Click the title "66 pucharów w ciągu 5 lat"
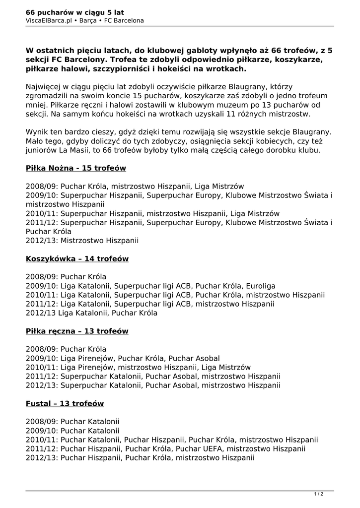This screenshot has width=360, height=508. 75,12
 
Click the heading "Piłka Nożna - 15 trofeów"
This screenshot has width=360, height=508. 76,168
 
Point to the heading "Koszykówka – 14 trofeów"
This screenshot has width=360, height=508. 77,258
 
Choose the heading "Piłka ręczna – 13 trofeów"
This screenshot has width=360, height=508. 77,331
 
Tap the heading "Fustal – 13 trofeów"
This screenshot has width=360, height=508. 65,403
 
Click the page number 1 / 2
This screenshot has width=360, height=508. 319,494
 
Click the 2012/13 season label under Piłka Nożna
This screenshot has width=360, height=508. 42,241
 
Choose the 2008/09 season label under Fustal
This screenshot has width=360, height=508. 42,421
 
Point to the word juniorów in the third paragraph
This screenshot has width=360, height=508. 42,150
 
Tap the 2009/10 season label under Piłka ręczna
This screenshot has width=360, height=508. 42,358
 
